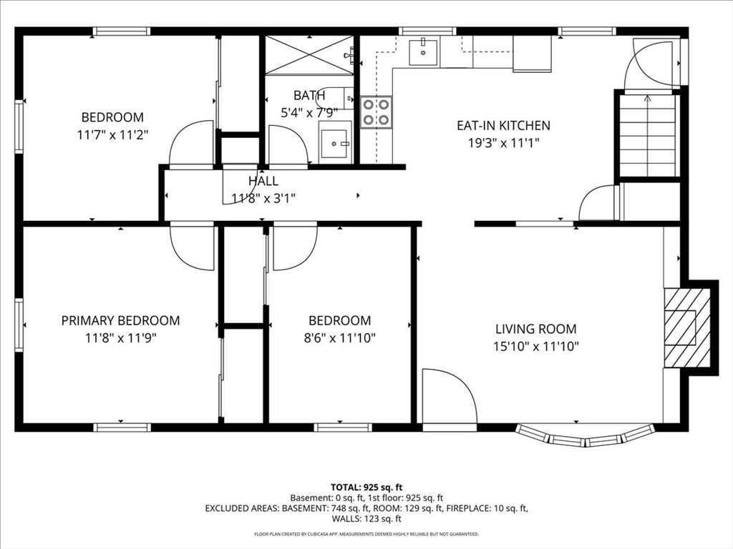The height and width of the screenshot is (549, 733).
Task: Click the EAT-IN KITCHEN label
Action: (x=503, y=125)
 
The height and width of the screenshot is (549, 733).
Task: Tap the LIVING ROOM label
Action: (x=535, y=329)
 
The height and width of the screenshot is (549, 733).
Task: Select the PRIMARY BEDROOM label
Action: (x=120, y=320)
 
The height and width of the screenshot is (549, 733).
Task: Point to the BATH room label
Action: (x=309, y=95)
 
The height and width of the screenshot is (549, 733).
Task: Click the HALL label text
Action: (x=263, y=181)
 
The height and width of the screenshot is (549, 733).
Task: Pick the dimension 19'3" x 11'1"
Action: (x=503, y=143)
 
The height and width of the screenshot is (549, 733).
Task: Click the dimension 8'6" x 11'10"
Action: (x=340, y=337)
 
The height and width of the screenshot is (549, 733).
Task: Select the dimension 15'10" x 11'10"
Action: (x=535, y=347)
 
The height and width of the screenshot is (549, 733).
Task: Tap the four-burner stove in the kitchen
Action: (x=376, y=112)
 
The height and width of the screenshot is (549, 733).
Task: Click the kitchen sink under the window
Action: (x=424, y=53)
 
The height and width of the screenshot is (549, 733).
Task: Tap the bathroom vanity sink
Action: (x=335, y=142)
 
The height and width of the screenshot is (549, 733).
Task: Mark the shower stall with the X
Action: (x=309, y=54)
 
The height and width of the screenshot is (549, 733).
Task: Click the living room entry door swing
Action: (x=450, y=396)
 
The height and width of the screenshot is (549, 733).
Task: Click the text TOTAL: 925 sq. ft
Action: (x=366, y=488)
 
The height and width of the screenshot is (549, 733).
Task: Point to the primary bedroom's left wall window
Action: (x=19, y=325)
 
